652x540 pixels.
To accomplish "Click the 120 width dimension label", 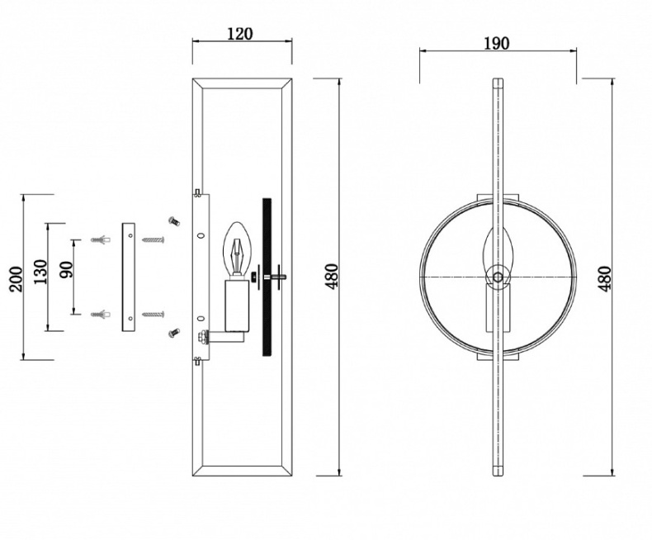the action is tap(240, 34).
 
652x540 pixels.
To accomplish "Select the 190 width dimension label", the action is tap(496, 43).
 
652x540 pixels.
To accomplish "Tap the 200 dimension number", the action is tap(17, 279).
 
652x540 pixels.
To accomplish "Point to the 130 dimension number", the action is tap(40, 272).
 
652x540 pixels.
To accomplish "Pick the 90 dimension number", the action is tap(66, 270).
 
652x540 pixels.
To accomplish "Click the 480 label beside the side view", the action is tap(333, 276).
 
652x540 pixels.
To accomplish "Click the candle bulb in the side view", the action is tap(238, 250).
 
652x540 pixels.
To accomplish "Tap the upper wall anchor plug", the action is tap(101, 240).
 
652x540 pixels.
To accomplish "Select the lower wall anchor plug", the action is tap(101, 314).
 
